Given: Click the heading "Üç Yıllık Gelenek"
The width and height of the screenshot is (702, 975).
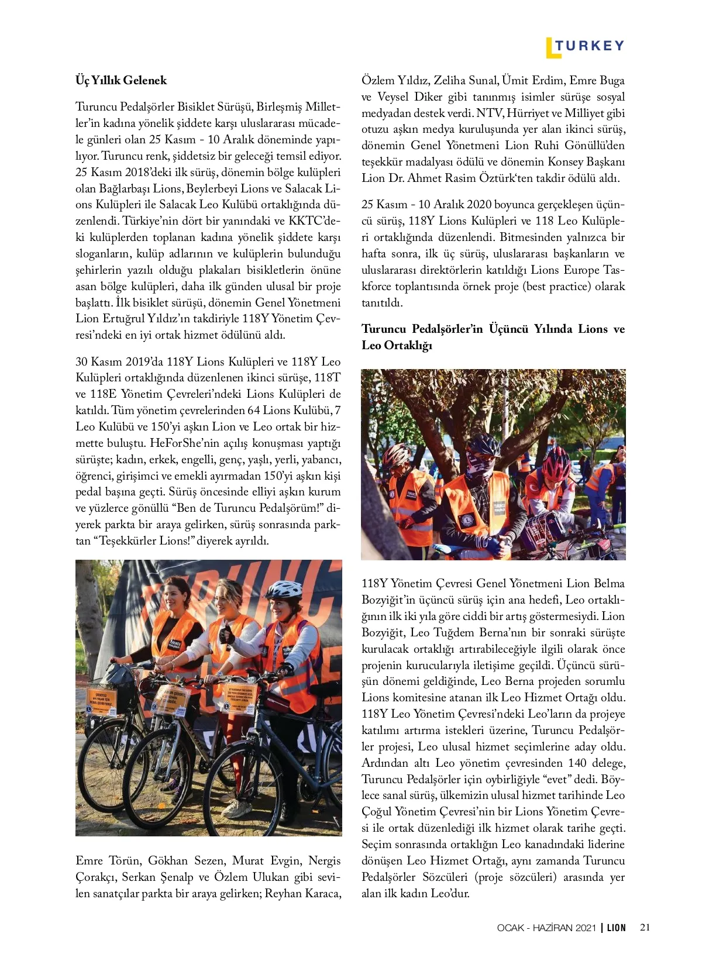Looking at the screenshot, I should click(121, 80).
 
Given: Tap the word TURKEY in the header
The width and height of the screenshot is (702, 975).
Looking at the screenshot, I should click(590, 46).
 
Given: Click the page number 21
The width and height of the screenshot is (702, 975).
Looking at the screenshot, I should click(645, 927).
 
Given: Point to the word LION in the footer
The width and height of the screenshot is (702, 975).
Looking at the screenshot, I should click(616, 928).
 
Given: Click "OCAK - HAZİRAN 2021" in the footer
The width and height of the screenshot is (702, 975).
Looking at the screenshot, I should click(546, 928).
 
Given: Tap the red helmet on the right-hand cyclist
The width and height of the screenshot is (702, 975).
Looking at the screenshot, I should click(556, 462).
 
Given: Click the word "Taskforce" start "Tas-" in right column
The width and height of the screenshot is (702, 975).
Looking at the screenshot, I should click(614, 270).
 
